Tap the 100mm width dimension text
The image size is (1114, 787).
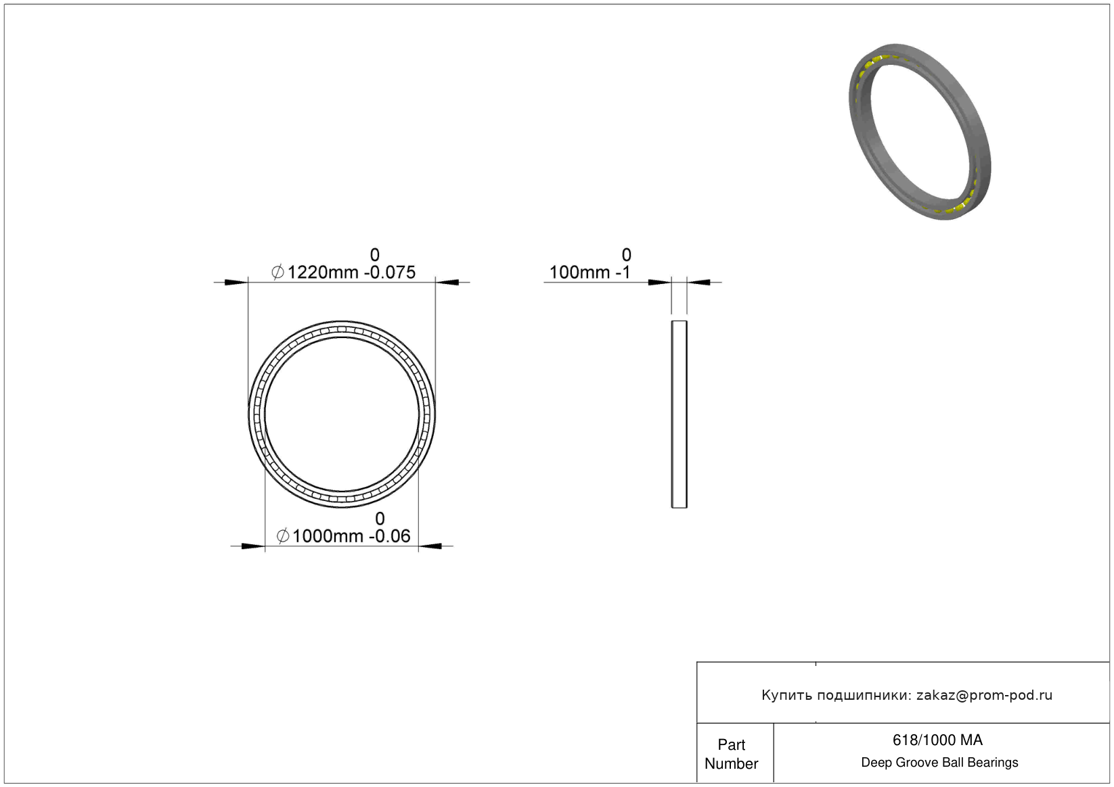point(579,272)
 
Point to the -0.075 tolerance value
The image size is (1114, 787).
point(390,272)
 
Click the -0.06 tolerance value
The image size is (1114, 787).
point(390,536)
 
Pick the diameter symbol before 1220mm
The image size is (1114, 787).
point(277,272)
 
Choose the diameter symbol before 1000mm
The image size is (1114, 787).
point(282,536)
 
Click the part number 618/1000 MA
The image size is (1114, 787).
point(937,740)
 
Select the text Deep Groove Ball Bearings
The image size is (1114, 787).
point(939,762)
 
